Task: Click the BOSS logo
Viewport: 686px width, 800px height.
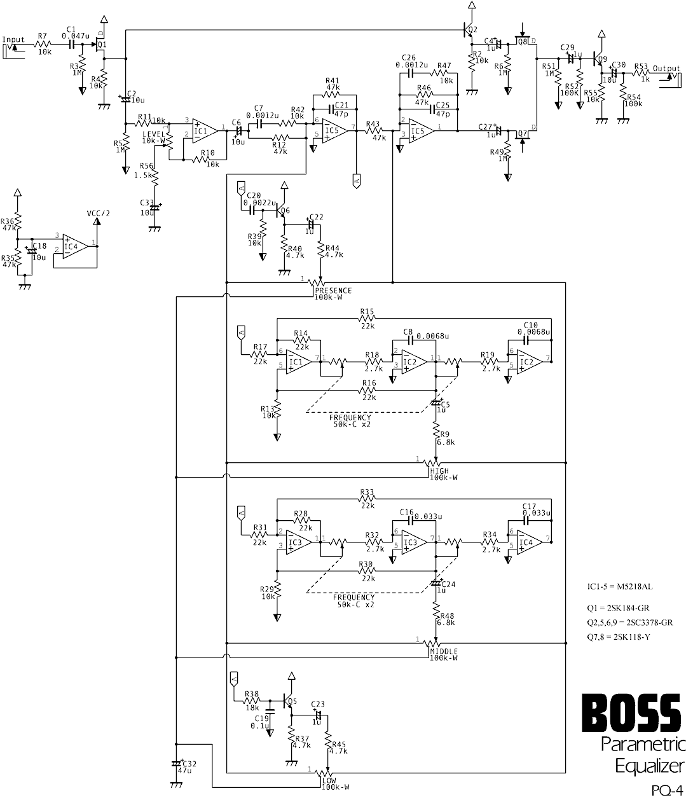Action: [x=632, y=713]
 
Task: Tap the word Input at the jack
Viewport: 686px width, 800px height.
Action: [x=13, y=39]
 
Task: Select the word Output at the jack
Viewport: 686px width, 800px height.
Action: [x=666, y=69]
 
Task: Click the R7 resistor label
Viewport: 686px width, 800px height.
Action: [x=42, y=36]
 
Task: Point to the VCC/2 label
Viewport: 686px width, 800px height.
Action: [x=98, y=213]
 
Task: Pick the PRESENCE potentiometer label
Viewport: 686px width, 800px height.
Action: [x=333, y=291]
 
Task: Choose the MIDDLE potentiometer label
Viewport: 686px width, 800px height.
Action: [x=443, y=651]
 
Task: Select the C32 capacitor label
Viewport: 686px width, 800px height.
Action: [x=189, y=763]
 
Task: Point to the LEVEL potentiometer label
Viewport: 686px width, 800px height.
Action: [x=153, y=134]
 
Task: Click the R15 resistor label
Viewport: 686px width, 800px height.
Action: [x=366, y=312]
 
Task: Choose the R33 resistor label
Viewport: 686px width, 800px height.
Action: [x=366, y=492]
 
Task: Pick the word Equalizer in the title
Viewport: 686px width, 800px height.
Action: [x=649, y=764]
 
